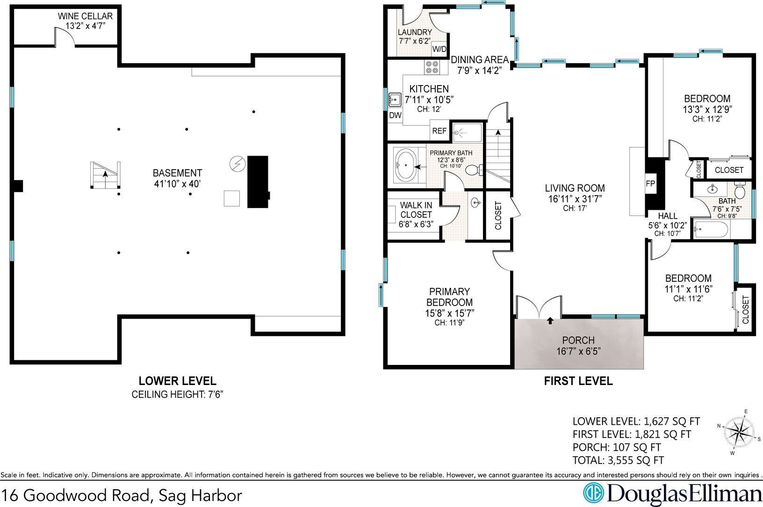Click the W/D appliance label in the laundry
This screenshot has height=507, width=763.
click(439, 49)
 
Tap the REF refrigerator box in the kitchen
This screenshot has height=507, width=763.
click(439, 131)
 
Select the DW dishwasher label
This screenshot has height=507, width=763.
click(395, 115)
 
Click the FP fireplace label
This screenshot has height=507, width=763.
click(650, 184)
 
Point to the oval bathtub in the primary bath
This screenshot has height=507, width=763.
click(406, 165)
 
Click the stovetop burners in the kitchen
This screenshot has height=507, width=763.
click(432, 67)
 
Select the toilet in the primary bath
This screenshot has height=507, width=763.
click(474, 170)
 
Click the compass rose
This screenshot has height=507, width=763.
click(739, 432)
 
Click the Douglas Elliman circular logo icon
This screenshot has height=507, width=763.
click(593, 493)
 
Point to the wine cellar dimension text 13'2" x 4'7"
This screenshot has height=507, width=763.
click(85, 26)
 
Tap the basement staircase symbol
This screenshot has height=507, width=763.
click(105, 175)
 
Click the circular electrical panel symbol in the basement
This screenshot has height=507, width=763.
click(238, 164)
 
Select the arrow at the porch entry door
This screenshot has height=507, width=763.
click(550, 321)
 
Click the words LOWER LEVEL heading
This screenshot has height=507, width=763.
click(177, 381)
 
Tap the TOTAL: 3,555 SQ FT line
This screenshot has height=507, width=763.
click(618, 460)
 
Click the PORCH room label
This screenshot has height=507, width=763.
click(578, 340)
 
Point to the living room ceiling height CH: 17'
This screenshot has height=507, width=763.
click(575, 208)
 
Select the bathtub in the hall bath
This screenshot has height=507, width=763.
click(711, 229)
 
